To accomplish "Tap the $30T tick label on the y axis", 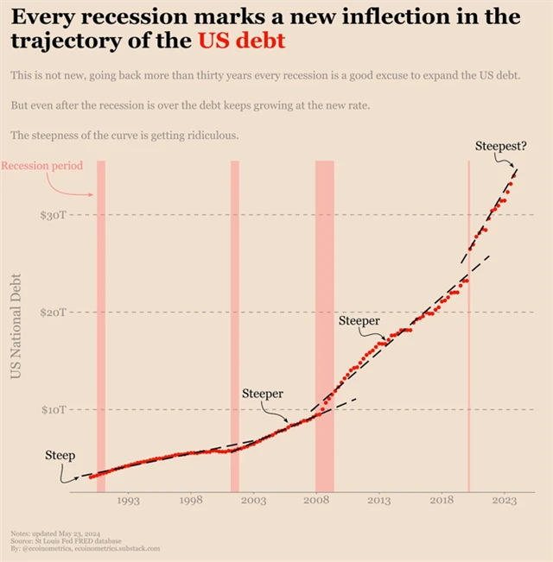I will pos(53,214).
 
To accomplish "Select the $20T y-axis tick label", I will pos(53,312).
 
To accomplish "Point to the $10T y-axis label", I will pos(53,408).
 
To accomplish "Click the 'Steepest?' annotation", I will pos(500,146).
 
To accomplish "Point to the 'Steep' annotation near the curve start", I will pos(60,455).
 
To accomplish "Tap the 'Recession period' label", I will pos(42,165).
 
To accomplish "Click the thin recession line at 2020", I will pos(468,328).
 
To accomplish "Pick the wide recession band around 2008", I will pos(324,328).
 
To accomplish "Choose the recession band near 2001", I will pos(234,328).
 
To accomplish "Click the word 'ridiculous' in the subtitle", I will pos(207,136).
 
